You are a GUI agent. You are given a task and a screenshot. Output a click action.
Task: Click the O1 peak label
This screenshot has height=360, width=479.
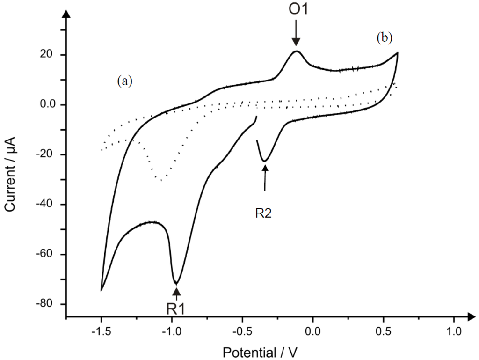click(298, 10)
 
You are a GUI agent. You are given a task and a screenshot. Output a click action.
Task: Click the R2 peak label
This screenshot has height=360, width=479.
click(263, 213)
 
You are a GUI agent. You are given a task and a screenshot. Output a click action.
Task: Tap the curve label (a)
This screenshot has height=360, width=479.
click(125, 81)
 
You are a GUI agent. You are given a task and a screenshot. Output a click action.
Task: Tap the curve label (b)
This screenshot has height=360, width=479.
click(385, 38)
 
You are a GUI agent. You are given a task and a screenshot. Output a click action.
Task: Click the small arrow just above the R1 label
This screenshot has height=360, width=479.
click(176, 293)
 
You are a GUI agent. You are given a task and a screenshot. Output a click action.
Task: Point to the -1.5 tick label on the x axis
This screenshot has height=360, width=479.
click(101, 331)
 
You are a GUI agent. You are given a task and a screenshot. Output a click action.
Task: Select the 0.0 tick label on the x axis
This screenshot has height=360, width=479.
click(313, 331)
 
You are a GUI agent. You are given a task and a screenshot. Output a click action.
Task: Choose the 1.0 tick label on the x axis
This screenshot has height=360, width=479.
click(454, 331)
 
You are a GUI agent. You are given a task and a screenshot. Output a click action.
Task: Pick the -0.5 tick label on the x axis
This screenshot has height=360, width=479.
click(242, 331)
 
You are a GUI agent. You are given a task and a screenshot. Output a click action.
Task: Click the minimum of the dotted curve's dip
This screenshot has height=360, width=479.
click(160, 180)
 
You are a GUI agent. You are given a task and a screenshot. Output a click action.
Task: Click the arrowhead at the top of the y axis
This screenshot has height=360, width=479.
click(66, 15)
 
